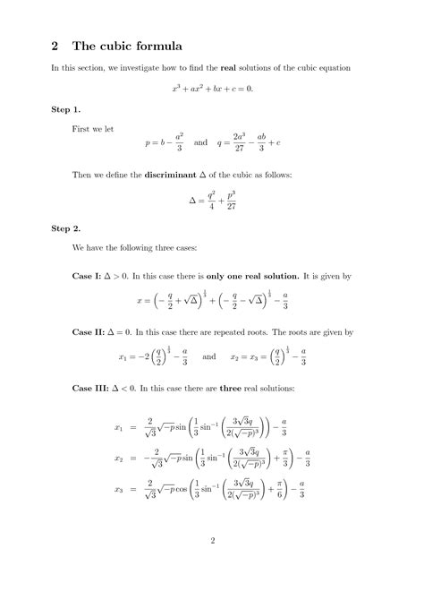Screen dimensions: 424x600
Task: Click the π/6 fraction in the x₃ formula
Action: tap(284, 491)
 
